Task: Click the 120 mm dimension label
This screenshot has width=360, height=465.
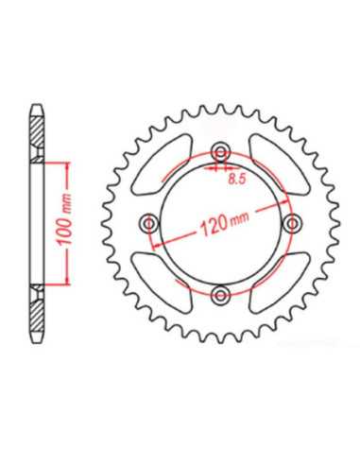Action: pos(225,222)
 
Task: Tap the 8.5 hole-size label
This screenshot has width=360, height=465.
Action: pos(236,180)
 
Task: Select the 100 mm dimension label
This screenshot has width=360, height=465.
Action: pos(64,219)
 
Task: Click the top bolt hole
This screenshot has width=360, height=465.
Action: pos(221,153)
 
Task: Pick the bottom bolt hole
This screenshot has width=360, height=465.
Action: pos(221,295)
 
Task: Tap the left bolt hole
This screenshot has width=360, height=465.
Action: pos(149,224)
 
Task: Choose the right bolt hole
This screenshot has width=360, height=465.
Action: pos(293,224)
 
